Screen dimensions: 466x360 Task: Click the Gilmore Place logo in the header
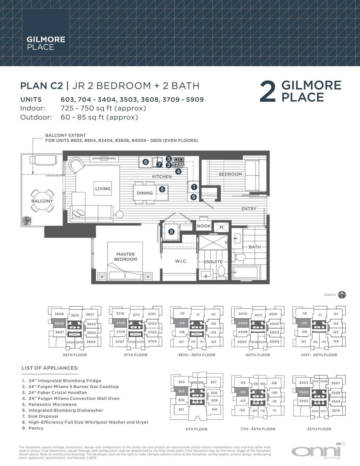(46, 43)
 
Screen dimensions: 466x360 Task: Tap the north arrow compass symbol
(342, 295)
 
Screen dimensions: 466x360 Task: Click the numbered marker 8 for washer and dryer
(172, 232)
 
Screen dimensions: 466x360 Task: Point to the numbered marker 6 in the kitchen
(146, 162)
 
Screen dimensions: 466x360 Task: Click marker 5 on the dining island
(162, 189)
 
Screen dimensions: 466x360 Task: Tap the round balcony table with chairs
(42, 201)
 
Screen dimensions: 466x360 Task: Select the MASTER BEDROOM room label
(125, 257)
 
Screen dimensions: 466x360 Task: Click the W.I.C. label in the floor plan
(181, 261)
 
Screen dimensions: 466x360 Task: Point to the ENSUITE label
(213, 262)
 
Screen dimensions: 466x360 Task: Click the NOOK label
(204, 226)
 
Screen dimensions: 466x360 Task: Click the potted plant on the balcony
(27, 221)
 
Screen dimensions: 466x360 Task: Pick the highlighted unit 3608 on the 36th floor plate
(59, 323)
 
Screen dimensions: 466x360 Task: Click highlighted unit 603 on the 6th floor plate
(181, 391)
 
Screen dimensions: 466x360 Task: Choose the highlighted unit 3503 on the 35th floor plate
(304, 392)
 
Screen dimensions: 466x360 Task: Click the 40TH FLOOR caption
(258, 355)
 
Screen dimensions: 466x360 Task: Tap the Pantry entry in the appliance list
(36, 428)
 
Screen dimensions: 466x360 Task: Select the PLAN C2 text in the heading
(41, 86)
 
